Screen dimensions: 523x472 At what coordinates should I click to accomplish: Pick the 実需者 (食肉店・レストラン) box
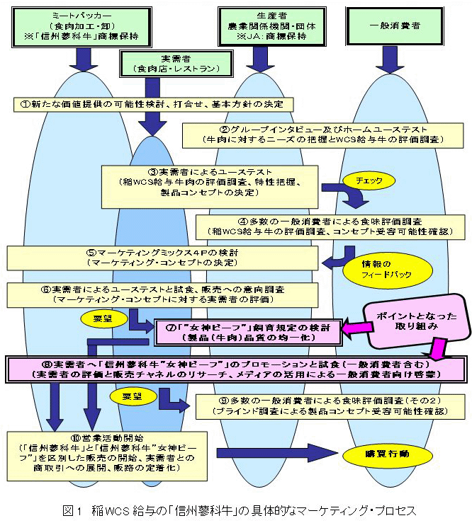click(x=168, y=64)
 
